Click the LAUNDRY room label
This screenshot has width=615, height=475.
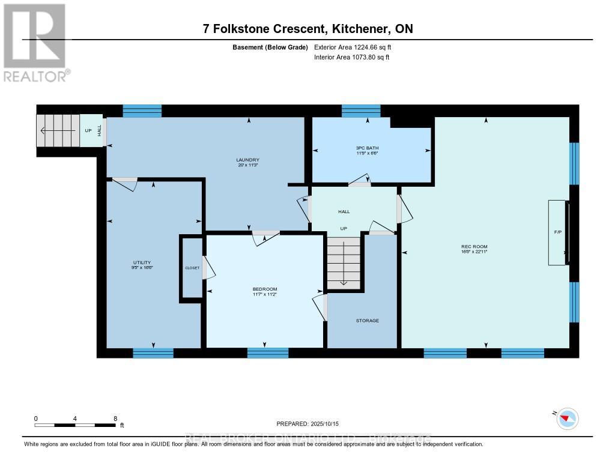pyautogui.click(x=247, y=159)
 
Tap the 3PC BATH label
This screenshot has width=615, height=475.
pyautogui.click(x=367, y=148)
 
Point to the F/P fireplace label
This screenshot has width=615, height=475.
pyautogui.click(x=557, y=232)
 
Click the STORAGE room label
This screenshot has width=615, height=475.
pyautogui.click(x=367, y=321)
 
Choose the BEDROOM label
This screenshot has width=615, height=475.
pyautogui.click(x=264, y=289)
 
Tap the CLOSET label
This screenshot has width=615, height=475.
pyautogui.click(x=192, y=268)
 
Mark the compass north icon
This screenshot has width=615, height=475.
pyautogui.click(x=567, y=418)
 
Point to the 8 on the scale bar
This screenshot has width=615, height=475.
pyautogui.click(x=115, y=418)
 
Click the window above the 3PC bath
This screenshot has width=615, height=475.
pyautogui.click(x=361, y=110)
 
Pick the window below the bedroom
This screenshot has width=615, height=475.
pyautogui.click(x=268, y=353)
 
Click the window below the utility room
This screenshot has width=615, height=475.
pyautogui.click(x=153, y=353)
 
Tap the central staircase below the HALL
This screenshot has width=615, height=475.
pyautogui.click(x=345, y=262)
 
